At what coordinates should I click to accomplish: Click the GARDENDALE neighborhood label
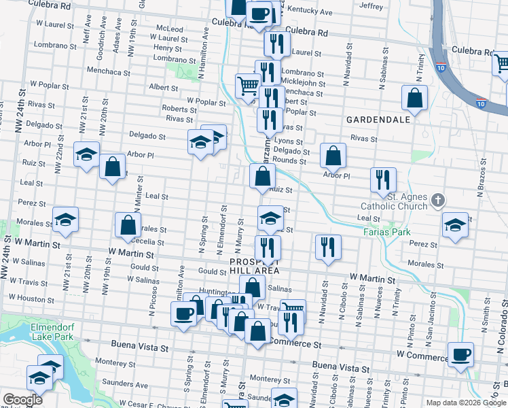click(378, 119)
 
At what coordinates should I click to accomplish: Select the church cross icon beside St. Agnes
click(438, 201)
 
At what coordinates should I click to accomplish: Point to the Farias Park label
click(386, 232)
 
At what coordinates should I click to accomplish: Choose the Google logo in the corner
click(22, 400)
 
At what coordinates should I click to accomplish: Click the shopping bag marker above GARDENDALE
click(414, 99)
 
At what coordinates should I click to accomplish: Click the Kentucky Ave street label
click(310, 12)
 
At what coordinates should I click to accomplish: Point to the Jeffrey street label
click(371, 6)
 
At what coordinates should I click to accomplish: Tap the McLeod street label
click(170, 29)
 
